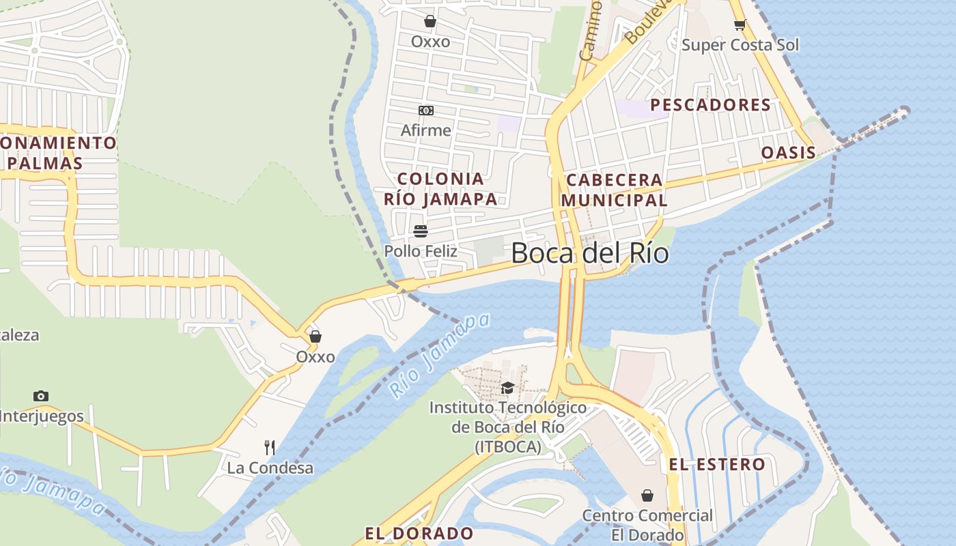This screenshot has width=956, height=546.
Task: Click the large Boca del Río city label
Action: click(589, 253)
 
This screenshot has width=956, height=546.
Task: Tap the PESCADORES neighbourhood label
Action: click(710, 105)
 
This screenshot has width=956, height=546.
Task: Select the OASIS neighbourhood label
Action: click(788, 152)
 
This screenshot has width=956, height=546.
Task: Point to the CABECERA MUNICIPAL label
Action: click(614, 190)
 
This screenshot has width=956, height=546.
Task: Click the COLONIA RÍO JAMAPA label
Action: click(440, 189)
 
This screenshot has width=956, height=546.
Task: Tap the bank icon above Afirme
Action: click(425, 111)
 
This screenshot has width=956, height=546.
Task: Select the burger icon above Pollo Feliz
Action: click(421, 231)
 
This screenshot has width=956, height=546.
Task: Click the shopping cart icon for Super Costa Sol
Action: click(740, 25)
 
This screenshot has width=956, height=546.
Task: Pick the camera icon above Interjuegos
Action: click(41, 396)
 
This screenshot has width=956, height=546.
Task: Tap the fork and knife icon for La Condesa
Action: click(270, 448)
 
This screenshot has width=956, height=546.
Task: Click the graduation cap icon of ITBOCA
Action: click(507, 388)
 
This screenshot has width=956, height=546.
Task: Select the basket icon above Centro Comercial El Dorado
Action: click(647, 495)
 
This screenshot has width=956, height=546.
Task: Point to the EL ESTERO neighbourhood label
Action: click(716, 465)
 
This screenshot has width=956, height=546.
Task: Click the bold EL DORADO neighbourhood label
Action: click(419, 533)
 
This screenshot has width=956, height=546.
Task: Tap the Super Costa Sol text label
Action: click(740, 45)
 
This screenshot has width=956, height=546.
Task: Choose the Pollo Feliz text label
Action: click(421, 251)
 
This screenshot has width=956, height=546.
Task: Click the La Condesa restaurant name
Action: click(270, 468)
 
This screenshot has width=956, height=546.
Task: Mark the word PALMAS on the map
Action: click(46, 164)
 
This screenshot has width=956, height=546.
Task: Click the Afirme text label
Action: click(425, 130)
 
